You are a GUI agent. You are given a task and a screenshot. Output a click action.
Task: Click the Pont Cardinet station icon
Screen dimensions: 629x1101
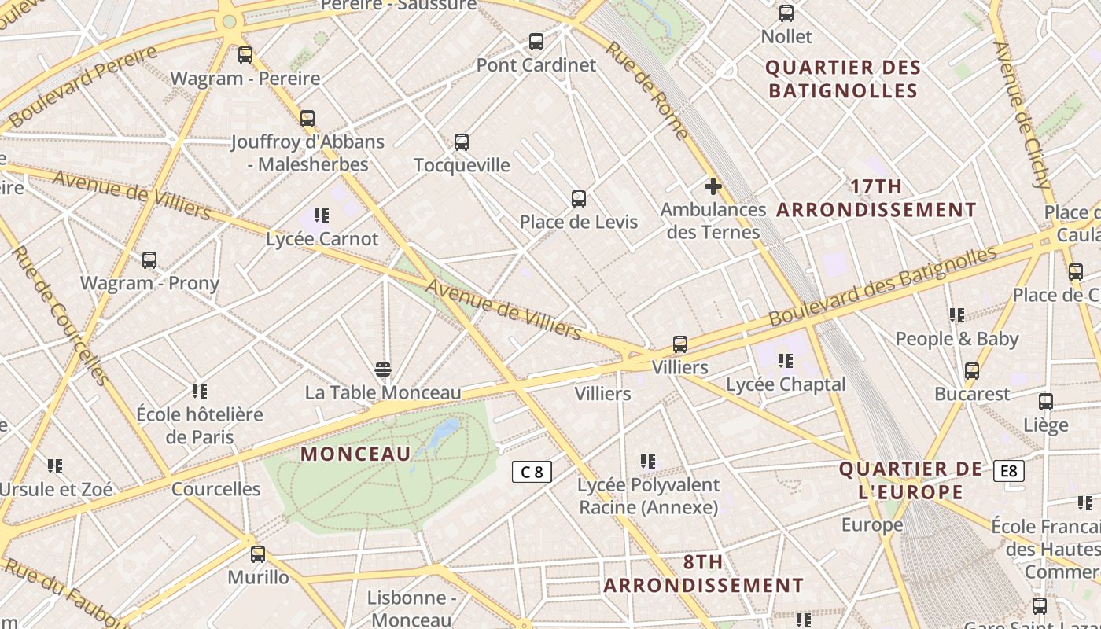(536, 42)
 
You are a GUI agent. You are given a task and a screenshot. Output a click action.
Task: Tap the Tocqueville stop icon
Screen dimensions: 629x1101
(462, 142)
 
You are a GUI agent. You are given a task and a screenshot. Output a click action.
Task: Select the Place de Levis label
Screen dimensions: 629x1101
(578, 222)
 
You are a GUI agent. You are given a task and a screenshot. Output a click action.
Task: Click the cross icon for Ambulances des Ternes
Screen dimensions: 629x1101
(713, 186)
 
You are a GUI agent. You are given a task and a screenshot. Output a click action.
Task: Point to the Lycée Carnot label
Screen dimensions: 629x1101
(322, 239)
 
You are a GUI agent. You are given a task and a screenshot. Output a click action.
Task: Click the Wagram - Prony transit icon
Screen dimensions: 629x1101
(149, 260)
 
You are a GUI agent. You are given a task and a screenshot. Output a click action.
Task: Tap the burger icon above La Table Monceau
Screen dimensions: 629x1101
(383, 370)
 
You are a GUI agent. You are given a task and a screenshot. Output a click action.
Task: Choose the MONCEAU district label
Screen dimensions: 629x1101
(356, 454)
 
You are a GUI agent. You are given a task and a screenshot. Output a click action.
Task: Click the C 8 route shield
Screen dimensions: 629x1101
(532, 472)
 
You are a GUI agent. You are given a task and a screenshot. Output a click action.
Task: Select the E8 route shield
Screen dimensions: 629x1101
(1009, 471)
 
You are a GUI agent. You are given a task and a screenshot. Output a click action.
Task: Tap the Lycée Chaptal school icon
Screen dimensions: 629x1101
(785, 361)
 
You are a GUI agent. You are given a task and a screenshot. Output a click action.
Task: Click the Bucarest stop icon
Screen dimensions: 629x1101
(972, 371)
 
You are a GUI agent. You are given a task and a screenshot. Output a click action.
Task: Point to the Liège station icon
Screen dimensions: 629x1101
(1045, 402)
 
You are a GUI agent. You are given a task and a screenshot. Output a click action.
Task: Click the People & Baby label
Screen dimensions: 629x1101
(957, 339)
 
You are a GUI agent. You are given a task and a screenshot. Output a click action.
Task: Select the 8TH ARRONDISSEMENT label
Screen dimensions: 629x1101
(703, 574)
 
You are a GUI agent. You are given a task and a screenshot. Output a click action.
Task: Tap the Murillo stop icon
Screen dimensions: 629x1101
(258, 554)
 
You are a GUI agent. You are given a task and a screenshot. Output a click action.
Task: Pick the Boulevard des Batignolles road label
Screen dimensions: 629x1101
(882, 286)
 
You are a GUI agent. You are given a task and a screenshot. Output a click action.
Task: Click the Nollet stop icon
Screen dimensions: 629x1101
(786, 13)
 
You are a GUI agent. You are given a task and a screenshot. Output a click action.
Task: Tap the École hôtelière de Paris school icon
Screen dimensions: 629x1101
(200, 392)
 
